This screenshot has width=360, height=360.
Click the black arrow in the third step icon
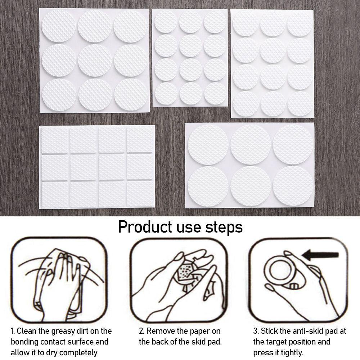coord(320,255)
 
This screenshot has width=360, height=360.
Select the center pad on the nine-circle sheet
coord(95,60)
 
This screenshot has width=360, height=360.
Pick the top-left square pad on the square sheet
coord(54,140)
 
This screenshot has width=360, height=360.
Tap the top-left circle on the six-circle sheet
coord(208,145)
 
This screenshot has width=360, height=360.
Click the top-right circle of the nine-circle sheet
coord(130,26)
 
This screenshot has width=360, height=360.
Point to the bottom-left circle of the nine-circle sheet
coord(59,95)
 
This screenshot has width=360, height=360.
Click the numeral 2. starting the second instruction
coord(141,331)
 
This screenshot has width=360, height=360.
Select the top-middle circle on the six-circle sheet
coord(251,145)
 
